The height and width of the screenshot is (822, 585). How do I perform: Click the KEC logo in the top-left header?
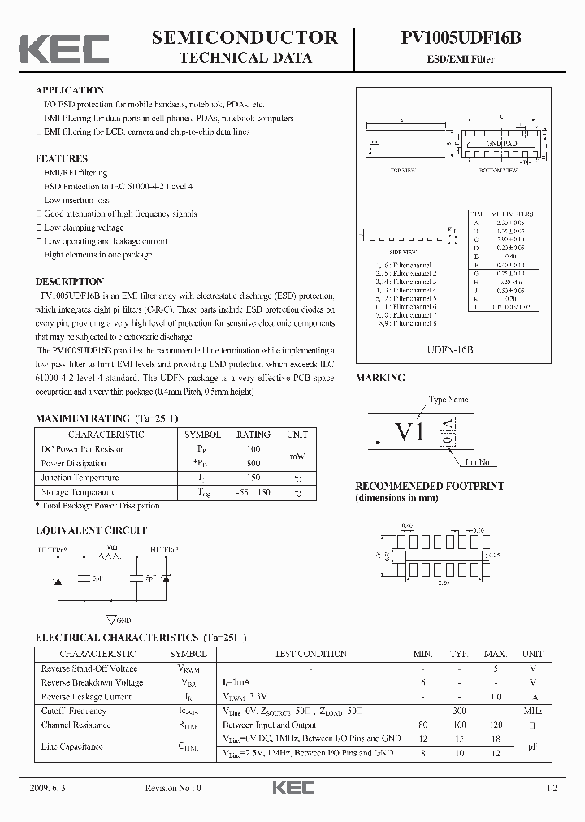pyautogui.click(x=64, y=48)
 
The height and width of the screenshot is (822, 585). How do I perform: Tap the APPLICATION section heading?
pyautogui.click(x=70, y=90)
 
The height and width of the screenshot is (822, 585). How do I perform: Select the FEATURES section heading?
pyautogui.click(x=62, y=158)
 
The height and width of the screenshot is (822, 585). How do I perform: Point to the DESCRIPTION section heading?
pyautogui.click(x=70, y=281)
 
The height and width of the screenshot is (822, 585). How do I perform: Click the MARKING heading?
pyautogui.click(x=381, y=378)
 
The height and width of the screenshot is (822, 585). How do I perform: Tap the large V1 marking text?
pyautogui.click(x=409, y=433)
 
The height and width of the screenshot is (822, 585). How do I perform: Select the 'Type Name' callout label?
pyautogui.click(x=448, y=399)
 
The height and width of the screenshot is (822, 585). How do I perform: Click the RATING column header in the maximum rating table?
pyautogui.click(x=253, y=435)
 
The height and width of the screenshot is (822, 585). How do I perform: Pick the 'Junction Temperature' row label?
pyautogui.click(x=80, y=478)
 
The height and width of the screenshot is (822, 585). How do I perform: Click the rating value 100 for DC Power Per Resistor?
pyautogui.click(x=253, y=448)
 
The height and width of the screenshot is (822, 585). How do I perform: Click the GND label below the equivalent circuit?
pyautogui.click(x=123, y=620)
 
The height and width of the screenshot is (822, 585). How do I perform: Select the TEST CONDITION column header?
pyautogui.click(x=310, y=654)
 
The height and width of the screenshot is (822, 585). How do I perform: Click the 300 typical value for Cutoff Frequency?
pyautogui.click(x=459, y=711)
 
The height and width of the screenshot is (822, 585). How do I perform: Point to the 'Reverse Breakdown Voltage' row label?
pyautogui.click(x=92, y=682)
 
